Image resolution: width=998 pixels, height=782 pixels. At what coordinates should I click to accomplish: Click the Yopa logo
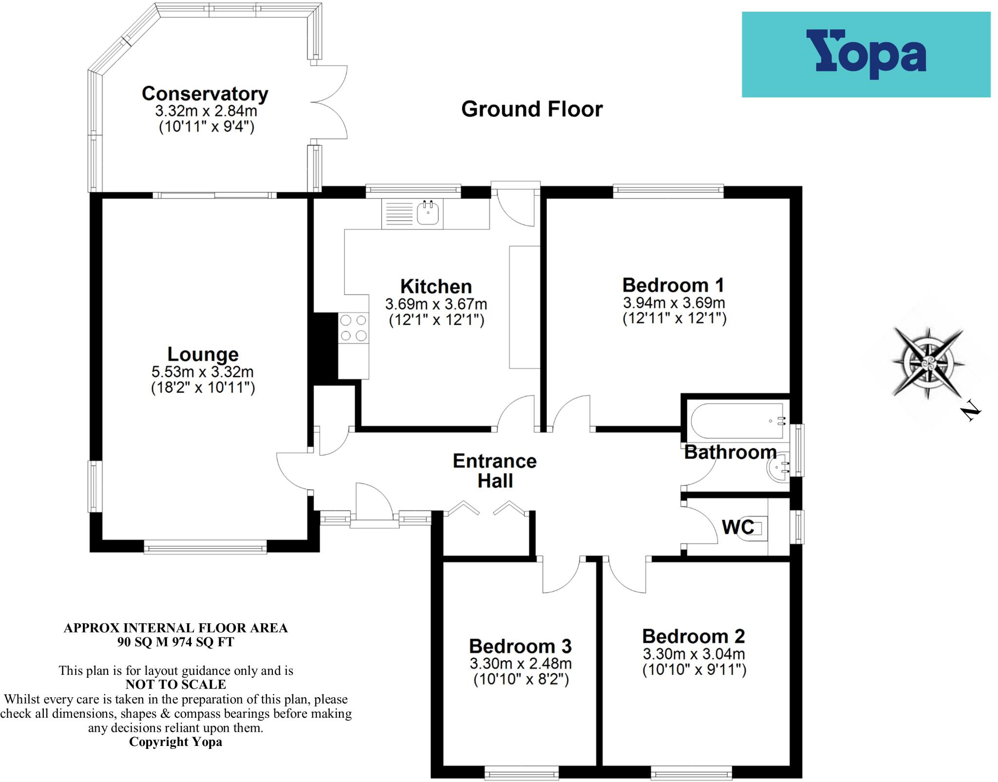pos(865,55)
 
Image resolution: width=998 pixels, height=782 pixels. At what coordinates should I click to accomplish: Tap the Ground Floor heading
pos(532,109)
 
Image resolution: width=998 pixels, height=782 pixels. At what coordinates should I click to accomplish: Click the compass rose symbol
pos(927,362)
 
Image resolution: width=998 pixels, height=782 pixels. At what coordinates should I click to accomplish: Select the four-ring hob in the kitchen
pos(354,328)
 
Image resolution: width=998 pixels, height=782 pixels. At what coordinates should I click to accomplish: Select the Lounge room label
pos(203,354)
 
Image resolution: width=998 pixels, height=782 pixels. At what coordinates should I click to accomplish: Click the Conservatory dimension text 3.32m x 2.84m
pos(206,111)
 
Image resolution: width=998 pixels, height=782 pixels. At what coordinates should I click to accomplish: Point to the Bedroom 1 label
pos(673,285)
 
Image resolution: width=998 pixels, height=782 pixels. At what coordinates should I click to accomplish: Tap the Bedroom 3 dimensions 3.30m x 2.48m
pos(520,663)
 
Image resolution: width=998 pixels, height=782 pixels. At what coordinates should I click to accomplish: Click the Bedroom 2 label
pos(693,636)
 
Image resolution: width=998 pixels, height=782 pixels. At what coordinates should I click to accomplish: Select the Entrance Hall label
pos(495,471)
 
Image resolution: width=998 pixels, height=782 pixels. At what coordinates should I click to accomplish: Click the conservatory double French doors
pos(329,102)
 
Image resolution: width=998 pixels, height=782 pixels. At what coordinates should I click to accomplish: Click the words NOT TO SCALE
pos(175,685)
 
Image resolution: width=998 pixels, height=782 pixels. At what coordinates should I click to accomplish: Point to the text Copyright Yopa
pos(175,742)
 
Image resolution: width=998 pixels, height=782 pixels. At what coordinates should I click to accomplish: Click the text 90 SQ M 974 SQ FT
pos(175,642)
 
